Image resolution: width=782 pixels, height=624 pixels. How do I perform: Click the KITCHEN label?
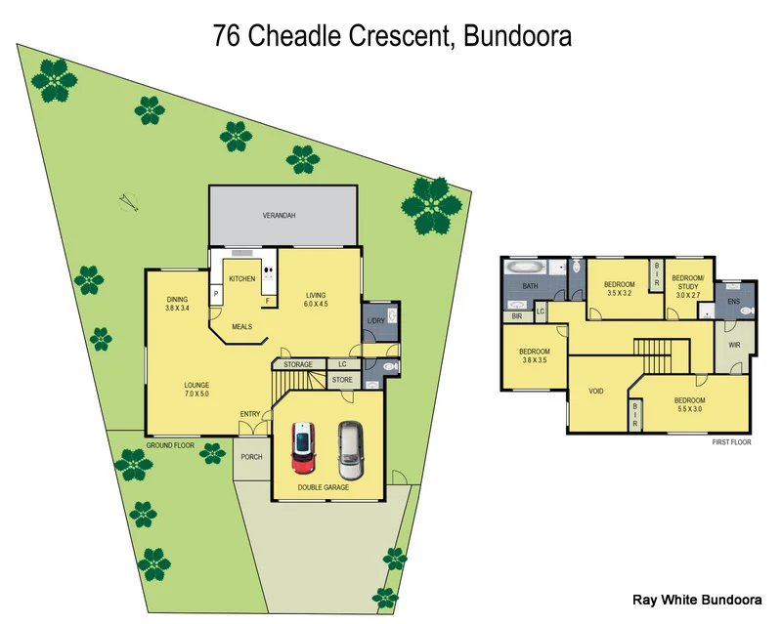242,278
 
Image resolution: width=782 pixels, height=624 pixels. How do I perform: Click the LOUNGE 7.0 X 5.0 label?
196,390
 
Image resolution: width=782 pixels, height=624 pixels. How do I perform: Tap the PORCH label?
251,456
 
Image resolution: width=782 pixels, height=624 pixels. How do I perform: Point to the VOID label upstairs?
596,391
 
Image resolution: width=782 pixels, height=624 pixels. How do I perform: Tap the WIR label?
733,345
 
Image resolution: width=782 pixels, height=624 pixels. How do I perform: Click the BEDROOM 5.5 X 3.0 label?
689,404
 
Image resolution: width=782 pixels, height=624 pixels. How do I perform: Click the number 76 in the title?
226,37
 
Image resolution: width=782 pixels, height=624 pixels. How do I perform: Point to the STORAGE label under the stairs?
298,364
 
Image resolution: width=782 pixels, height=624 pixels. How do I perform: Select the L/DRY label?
374,321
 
